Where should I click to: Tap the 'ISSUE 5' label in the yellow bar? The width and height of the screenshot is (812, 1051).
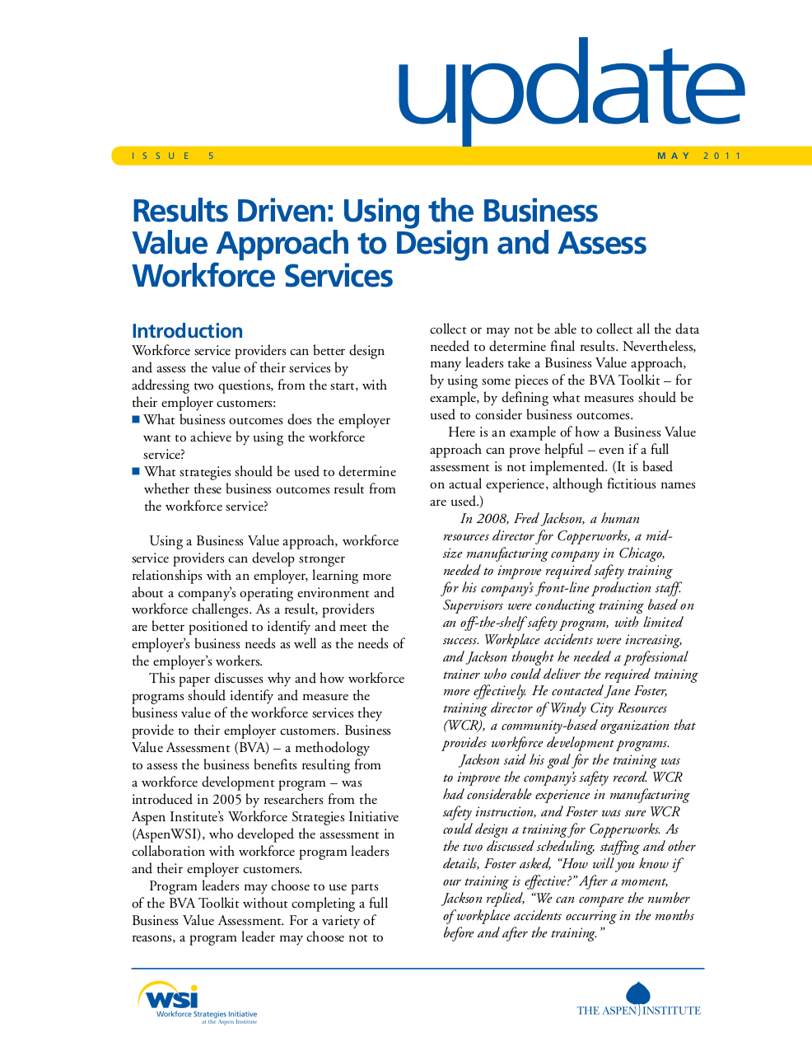(173, 156)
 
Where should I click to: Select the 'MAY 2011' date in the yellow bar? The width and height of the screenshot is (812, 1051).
(699, 156)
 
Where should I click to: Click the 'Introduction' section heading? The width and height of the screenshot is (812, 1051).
(187, 331)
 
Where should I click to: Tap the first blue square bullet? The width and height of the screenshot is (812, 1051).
(137, 419)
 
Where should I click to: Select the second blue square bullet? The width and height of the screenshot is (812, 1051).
(137, 471)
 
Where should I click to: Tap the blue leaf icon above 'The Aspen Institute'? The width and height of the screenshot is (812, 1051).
(638, 993)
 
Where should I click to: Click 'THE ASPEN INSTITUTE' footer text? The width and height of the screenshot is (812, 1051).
(638, 1011)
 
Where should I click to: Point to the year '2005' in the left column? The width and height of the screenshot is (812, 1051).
(227, 799)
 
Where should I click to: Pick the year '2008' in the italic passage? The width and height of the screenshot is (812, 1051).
(493, 518)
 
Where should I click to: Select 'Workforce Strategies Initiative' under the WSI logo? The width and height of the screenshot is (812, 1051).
(207, 1015)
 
